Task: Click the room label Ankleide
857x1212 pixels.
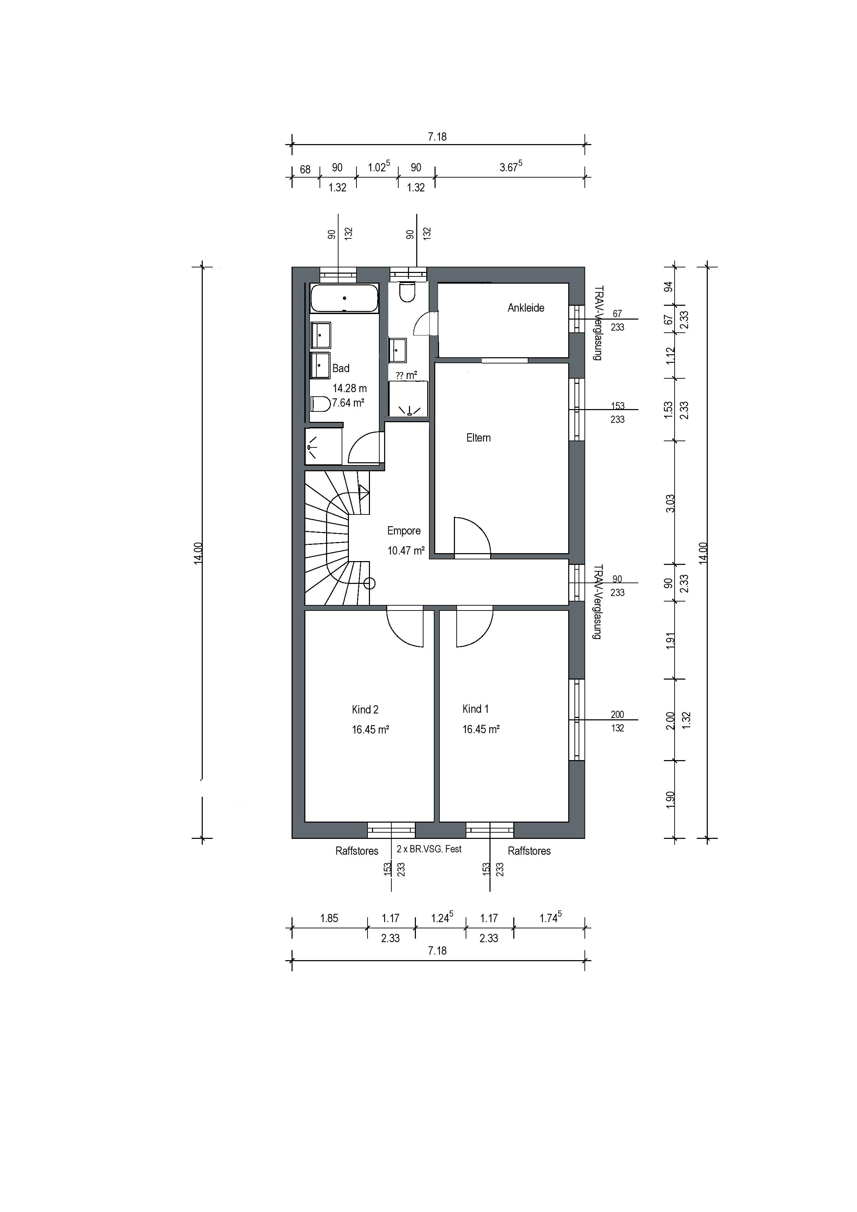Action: point(526,308)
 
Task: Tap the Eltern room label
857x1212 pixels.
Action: point(478,438)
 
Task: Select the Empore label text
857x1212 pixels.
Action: point(404,531)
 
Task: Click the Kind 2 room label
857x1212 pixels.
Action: point(365,709)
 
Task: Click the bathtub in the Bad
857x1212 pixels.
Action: point(344,298)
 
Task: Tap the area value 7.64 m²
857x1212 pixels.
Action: point(348,403)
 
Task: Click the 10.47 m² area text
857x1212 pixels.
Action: point(406,551)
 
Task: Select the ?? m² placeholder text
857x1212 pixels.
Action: point(406,375)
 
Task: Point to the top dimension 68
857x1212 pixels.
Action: point(305,169)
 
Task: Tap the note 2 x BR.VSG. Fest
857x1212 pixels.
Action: point(429,849)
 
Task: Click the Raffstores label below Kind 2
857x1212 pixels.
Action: point(357,851)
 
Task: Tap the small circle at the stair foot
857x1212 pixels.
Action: point(369,583)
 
